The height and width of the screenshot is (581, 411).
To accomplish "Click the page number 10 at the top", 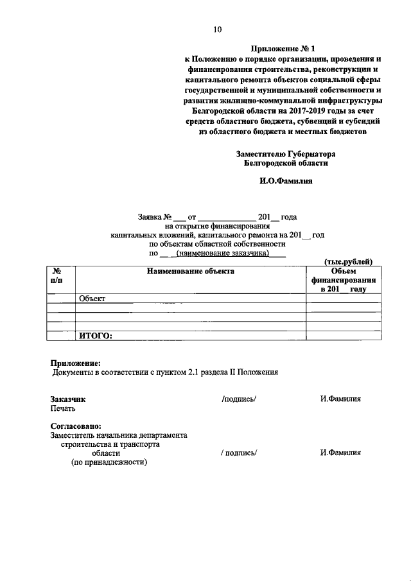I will (x=217, y=29).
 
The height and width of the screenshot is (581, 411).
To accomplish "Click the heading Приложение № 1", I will (x=281, y=49).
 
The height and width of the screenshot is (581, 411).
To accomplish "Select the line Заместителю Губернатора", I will (x=286, y=153).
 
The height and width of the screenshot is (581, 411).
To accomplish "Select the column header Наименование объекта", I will (x=191, y=272).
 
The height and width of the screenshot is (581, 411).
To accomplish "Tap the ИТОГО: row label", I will (x=95, y=334).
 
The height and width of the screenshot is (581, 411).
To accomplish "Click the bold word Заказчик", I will (x=67, y=399).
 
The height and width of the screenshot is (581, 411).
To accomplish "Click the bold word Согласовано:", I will (x=76, y=426).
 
